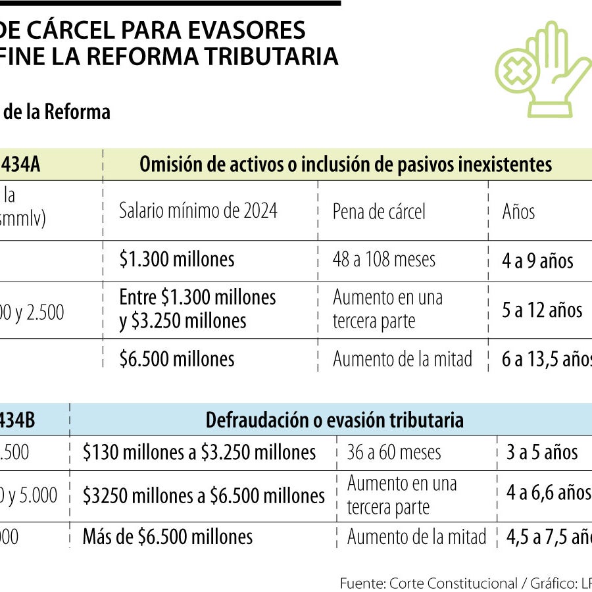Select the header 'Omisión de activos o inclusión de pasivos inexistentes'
tap(345, 164)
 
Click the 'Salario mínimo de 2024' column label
tap(198, 211)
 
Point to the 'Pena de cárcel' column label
tap(379, 211)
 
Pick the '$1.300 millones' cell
tap(176, 259)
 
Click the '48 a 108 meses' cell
tap(384, 259)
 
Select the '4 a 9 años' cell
tap(537, 260)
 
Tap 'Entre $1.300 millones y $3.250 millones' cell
tap(197, 308)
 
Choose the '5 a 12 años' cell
tap(542, 310)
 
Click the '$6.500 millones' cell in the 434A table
tap(176, 358)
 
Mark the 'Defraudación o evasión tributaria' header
tap(334, 420)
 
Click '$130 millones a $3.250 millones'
tap(199, 453)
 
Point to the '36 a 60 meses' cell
tap(394, 453)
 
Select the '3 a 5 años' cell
tap(542, 453)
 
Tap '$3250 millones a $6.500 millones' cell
tap(203, 495)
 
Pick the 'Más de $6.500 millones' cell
tap(167, 537)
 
